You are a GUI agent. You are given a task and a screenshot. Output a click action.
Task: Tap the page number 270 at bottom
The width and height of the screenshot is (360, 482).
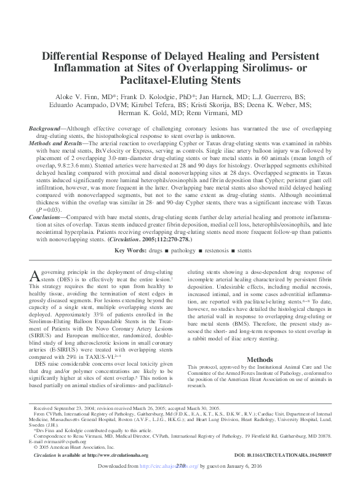[x=180, y=466]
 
